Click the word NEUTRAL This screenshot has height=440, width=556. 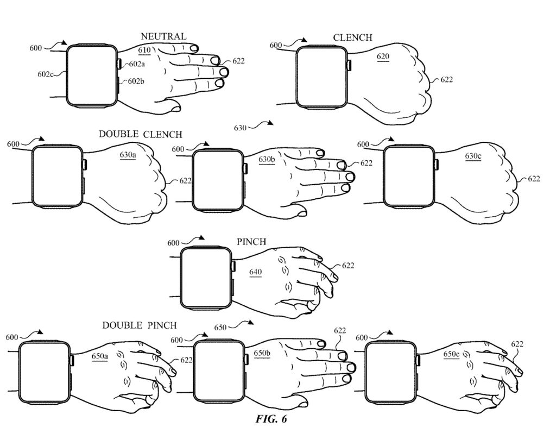[163, 36]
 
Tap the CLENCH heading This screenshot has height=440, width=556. [353, 37]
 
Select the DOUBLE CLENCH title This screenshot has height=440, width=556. [141, 134]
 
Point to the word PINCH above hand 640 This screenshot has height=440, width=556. [251, 242]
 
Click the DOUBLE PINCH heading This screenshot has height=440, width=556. [140, 325]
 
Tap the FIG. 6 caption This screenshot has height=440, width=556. [271, 419]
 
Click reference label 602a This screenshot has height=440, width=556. [137, 64]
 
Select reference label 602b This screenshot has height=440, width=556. [136, 81]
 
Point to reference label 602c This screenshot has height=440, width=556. [46, 74]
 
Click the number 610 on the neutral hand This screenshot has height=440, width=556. [144, 50]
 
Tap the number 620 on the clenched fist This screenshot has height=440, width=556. [383, 56]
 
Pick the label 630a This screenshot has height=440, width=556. [128, 155]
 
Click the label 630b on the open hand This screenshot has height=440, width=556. [267, 159]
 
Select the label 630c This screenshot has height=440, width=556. [473, 156]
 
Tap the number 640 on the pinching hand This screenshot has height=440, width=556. [255, 272]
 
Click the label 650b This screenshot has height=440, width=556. [262, 353]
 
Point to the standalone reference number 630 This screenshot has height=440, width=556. [240, 128]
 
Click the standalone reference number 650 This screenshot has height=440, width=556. [220, 327]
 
